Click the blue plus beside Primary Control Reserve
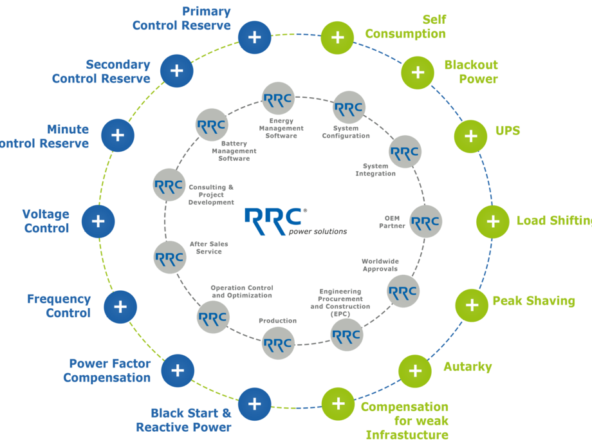click(255, 37)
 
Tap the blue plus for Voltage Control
click(98, 221)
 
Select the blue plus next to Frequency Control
click(120, 306)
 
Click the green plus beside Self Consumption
click(337, 37)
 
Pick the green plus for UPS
click(471, 136)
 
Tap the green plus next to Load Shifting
click(493, 221)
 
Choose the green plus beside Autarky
click(415, 371)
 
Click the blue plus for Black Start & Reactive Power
click(255, 404)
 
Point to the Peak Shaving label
click(533, 301)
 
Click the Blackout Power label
click(471, 72)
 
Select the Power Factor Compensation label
click(107, 371)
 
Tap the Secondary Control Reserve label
click(102, 71)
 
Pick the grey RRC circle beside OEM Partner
click(425, 221)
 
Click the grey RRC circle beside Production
click(279, 342)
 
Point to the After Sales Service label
click(210, 248)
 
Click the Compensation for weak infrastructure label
click(405, 421)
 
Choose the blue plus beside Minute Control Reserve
click(117, 135)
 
